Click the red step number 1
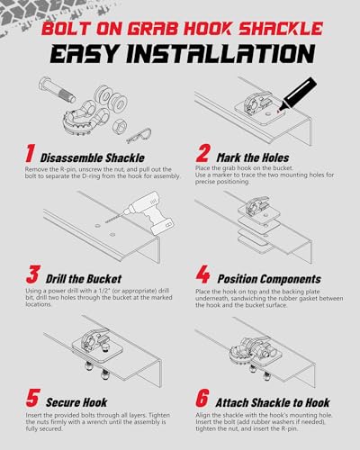pos(30,153)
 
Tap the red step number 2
pos(202,153)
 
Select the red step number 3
pos(32,274)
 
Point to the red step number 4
pos(203,274)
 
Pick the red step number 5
pos(32,398)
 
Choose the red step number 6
pos(202,398)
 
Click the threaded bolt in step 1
pos(58,88)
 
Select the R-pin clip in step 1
pos(139,136)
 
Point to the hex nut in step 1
pos(121,127)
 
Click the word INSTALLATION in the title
pos(221,54)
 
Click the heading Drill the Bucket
pos(84,279)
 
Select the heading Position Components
pos(269,279)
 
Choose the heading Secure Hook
pos(76,402)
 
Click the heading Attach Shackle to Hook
pos(273,402)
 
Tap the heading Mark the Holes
pos(253,157)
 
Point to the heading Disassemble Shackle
pos(93,157)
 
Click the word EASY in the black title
pos(84,54)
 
